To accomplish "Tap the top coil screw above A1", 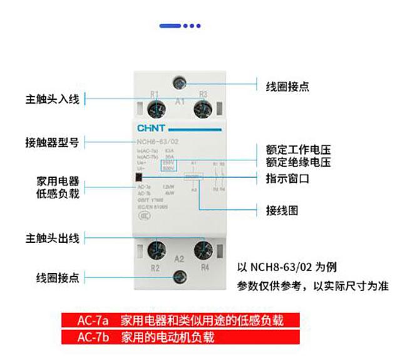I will click(x=181, y=82).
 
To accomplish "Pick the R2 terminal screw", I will click(x=155, y=252).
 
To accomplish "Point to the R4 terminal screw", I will click(x=202, y=251).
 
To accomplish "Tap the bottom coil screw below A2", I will click(x=180, y=277).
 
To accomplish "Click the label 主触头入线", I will click(x=53, y=99).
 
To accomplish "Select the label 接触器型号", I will click(x=53, y=142).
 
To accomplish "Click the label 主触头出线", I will click(x=53, y=238).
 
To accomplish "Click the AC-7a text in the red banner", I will click(x=93, y=321).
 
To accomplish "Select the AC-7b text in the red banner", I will click(x=93, y=337).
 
